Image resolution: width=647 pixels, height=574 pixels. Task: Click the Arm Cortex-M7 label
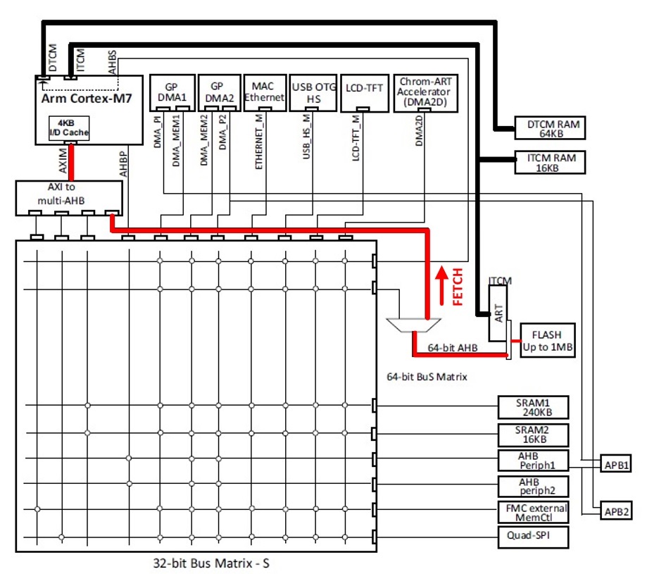click(87, 99)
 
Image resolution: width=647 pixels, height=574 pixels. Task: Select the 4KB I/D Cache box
click(69, 128)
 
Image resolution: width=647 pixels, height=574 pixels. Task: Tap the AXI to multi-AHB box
click(69, 198)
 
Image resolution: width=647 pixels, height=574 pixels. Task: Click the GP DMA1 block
click(172, 93)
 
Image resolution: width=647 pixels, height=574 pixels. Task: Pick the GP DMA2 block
click(220, 93)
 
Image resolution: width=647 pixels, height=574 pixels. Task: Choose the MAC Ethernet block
click(265, 93)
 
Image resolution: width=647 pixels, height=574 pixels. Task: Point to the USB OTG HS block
click(313, 93)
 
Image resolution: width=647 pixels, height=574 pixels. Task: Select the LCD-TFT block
click(365, 93)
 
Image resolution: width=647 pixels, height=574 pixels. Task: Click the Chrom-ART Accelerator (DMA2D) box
click(426, 93)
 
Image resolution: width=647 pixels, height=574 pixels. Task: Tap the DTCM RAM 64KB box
click(550, 128)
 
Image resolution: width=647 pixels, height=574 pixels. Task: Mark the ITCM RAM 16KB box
click(550, 162)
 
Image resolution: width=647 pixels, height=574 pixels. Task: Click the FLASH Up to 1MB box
click(548, 340)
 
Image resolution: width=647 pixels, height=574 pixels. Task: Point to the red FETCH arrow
click(442, 285)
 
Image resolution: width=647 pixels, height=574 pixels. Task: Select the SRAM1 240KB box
click(533, 407)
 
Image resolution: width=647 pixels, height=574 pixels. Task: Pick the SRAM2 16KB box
click(533, 435)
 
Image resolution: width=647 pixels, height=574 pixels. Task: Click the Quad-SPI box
click(533, 537)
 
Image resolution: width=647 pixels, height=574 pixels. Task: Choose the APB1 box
click(615, 465)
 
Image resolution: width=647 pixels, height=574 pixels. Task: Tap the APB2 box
click(616, 512)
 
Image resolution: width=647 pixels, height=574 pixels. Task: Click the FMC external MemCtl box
click(533, 512)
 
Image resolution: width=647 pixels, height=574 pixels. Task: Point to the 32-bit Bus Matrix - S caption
click(211, 563)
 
